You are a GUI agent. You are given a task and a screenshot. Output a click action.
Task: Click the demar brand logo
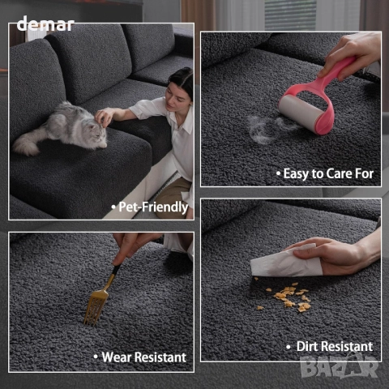point(45,24)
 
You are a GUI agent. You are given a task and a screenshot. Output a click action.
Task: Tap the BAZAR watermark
point(340,366)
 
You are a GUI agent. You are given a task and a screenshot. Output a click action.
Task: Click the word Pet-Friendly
point(153,207)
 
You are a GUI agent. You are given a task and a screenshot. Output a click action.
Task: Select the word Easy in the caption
point(296,173)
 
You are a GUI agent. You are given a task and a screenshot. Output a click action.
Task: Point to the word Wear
point(117,357)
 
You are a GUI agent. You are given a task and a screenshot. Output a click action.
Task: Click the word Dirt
point(308,346)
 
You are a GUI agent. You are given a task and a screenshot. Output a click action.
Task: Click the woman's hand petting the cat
point(105,116)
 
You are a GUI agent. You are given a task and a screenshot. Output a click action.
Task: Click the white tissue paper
point(285,262)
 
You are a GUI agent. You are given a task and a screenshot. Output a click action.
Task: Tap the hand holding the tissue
point(335,255)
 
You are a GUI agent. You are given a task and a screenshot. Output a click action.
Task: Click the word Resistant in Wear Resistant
point(160,357)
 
